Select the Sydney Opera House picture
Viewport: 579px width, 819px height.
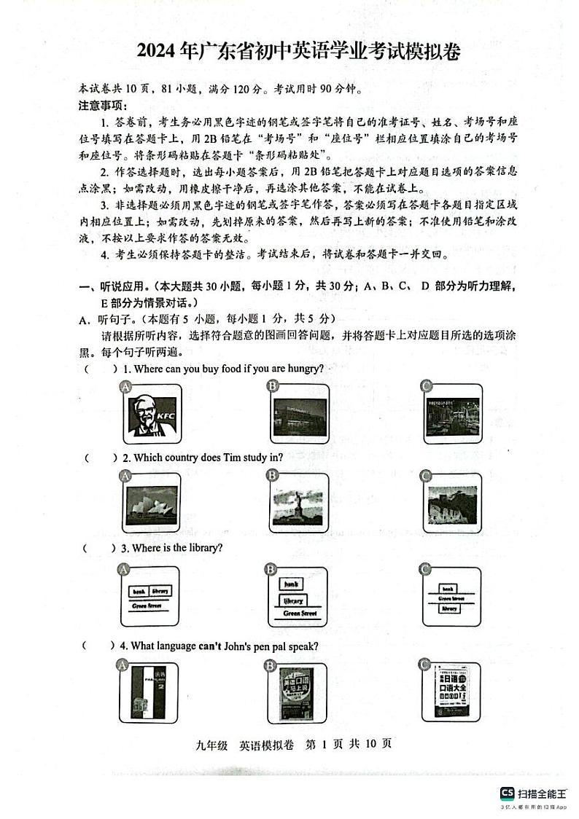152,505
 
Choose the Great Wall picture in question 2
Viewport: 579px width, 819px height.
452,505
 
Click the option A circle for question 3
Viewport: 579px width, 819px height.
124,568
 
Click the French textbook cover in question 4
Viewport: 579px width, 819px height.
150,691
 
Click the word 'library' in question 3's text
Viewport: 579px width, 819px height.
205,547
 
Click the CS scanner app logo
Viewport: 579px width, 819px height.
507,793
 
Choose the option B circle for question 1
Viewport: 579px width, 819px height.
273,386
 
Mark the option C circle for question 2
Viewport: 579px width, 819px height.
426,476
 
